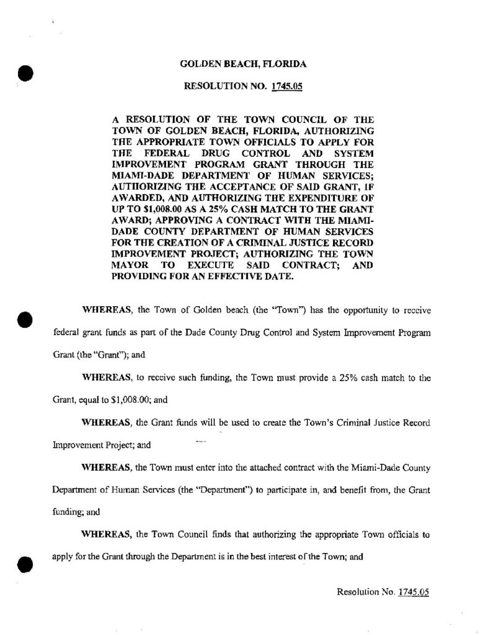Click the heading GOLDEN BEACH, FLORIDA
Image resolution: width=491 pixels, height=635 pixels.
click(242, 64)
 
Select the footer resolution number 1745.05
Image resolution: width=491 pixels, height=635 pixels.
click(414, 592)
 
